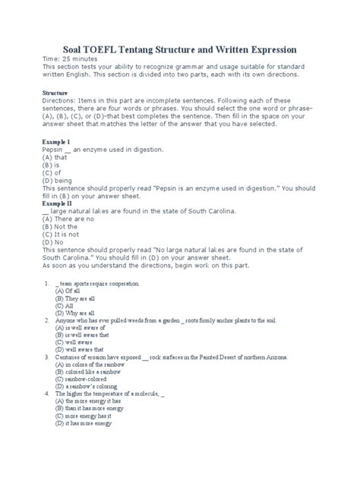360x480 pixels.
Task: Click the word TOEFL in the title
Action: click(x=121, y=49)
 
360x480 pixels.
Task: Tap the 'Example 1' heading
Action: click(x=57, y=141)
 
